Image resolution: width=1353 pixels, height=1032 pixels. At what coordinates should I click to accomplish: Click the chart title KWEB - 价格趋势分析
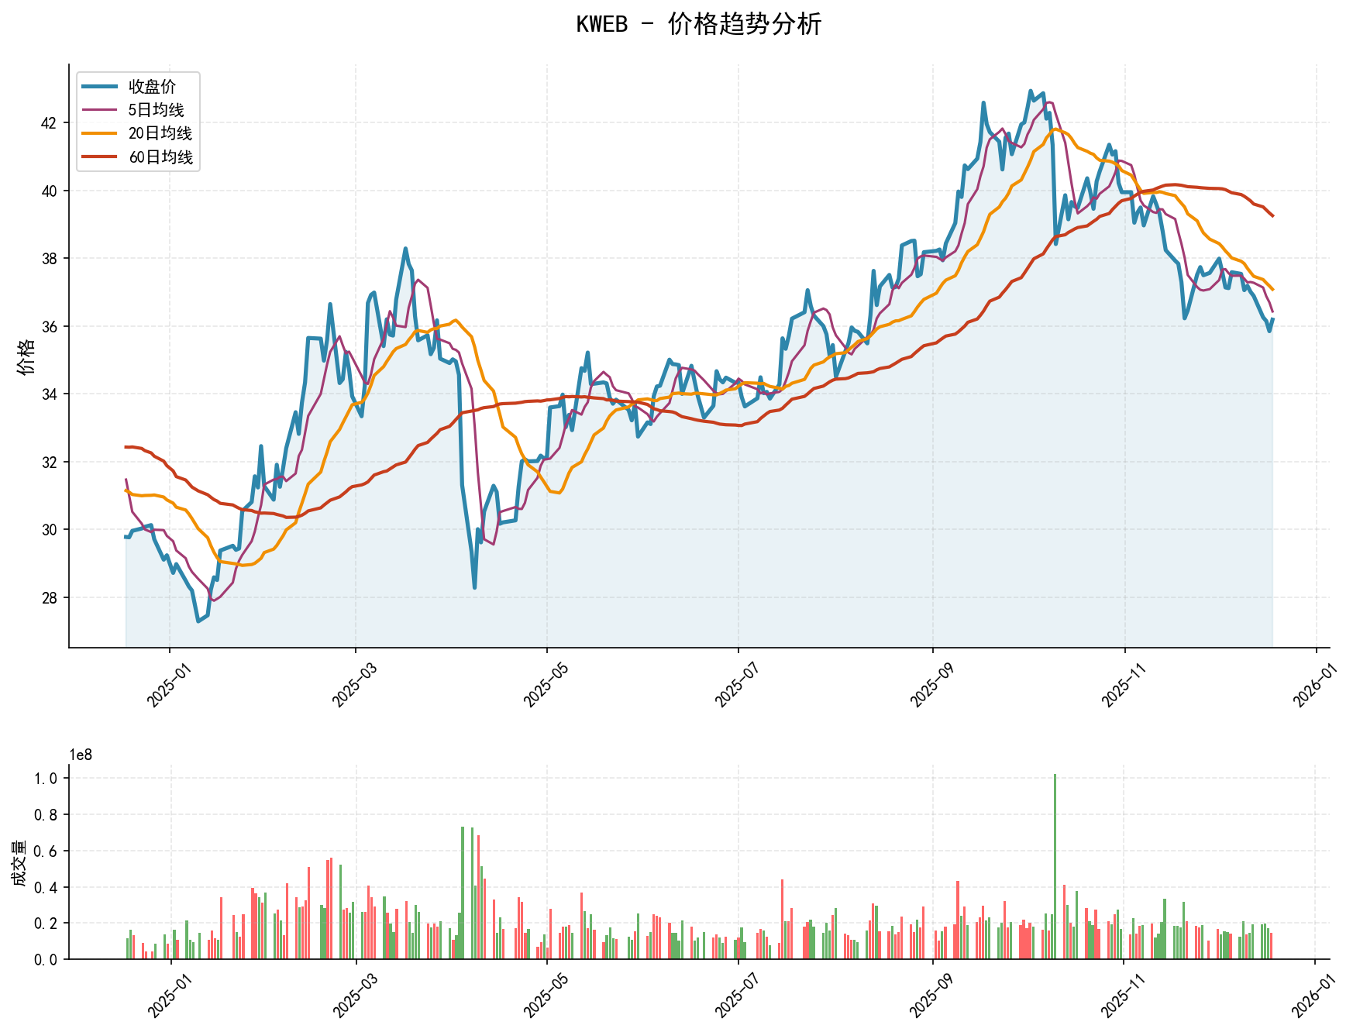pos(698,25)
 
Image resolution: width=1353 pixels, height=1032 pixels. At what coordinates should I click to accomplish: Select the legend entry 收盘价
pos(152,87)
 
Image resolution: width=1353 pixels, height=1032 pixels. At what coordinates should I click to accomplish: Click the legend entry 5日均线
pos(156,110)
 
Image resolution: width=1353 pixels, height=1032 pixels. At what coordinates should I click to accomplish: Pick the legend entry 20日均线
pos(160,133)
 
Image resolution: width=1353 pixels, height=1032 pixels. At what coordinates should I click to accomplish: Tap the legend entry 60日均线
pos(160,157)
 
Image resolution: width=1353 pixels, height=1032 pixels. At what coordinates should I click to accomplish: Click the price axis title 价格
pos(26,356)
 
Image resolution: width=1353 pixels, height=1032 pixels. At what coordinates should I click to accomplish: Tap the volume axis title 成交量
pos(19,863)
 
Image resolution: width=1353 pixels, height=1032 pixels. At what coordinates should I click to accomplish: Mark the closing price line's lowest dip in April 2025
pos(474,587)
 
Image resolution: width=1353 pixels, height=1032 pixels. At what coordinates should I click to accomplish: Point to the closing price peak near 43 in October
pos(1031,91)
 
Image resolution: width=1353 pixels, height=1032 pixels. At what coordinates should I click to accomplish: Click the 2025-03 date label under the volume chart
pos(354,996)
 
